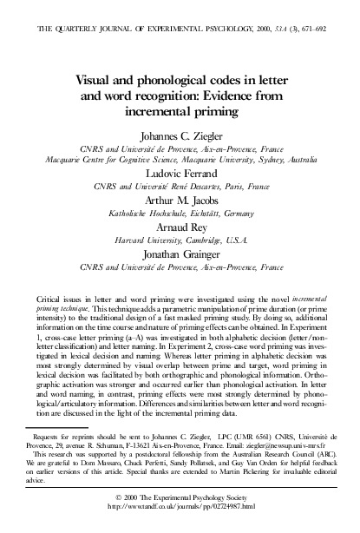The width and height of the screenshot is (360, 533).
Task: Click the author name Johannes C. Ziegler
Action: click(x=180, y=135)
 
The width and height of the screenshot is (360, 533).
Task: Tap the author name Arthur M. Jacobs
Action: click(x=180, y=199)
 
